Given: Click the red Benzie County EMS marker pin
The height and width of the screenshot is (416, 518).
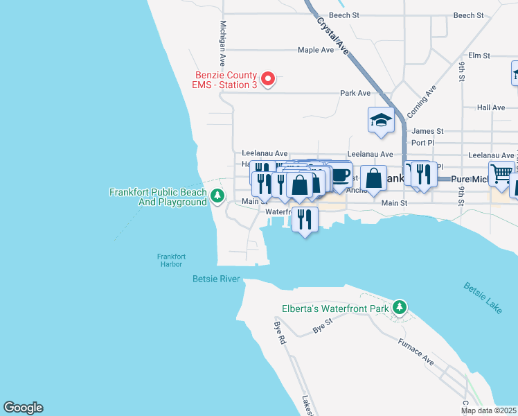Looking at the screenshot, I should pyautogui.click(x=271, y=79).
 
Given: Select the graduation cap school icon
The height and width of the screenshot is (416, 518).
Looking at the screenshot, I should pyautogui.click(x=380, y=120).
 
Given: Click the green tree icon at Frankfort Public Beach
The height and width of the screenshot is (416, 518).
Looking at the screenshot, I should pyautogui.click(x=217, y=196).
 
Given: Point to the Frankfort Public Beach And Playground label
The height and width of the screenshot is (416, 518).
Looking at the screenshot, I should pyautogui.click(x=158, y=197).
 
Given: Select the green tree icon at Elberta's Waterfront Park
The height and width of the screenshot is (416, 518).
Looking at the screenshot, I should pyautogui.click(x=399, y=307).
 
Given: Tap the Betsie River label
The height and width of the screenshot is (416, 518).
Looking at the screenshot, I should pyautogui.click(x=215, y=279).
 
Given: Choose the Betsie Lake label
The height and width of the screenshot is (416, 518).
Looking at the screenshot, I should pyautogui.click(x=483, y=298).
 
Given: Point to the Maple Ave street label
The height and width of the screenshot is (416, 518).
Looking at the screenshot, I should pyautogui.click(x=316, y=50).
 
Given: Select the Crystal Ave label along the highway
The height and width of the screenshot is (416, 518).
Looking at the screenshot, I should pyautogui.click(x=332, y=35).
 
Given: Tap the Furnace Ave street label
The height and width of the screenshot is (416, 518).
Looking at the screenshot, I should pyautogui.click(x=416, y=352).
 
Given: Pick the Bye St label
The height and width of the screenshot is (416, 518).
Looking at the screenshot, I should pyautogui.click(x=323, y=326).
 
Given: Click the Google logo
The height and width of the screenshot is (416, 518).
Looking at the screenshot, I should pyautogui.click(x=23, y=408).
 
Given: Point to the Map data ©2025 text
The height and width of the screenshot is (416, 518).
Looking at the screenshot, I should pyautogui.click(x=488, y=410).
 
